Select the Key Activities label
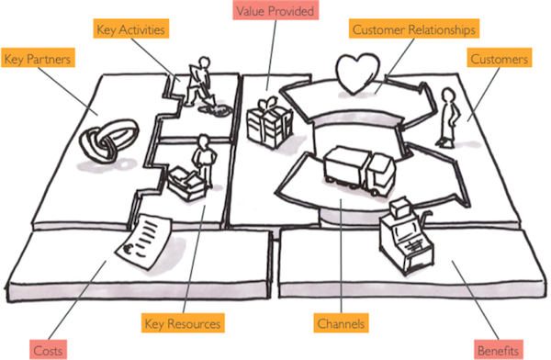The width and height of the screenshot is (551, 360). pyautogui.click(x=130, y=29)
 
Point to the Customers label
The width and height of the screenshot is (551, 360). pyautogui.click(x=499, y=59)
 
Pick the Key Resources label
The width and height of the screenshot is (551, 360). pyautogui.click(x=182, y=323)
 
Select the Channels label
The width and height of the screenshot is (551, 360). pyautogui.click(x=341, y=323)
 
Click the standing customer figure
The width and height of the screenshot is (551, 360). pyautogui.click(x=447, y=118)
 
